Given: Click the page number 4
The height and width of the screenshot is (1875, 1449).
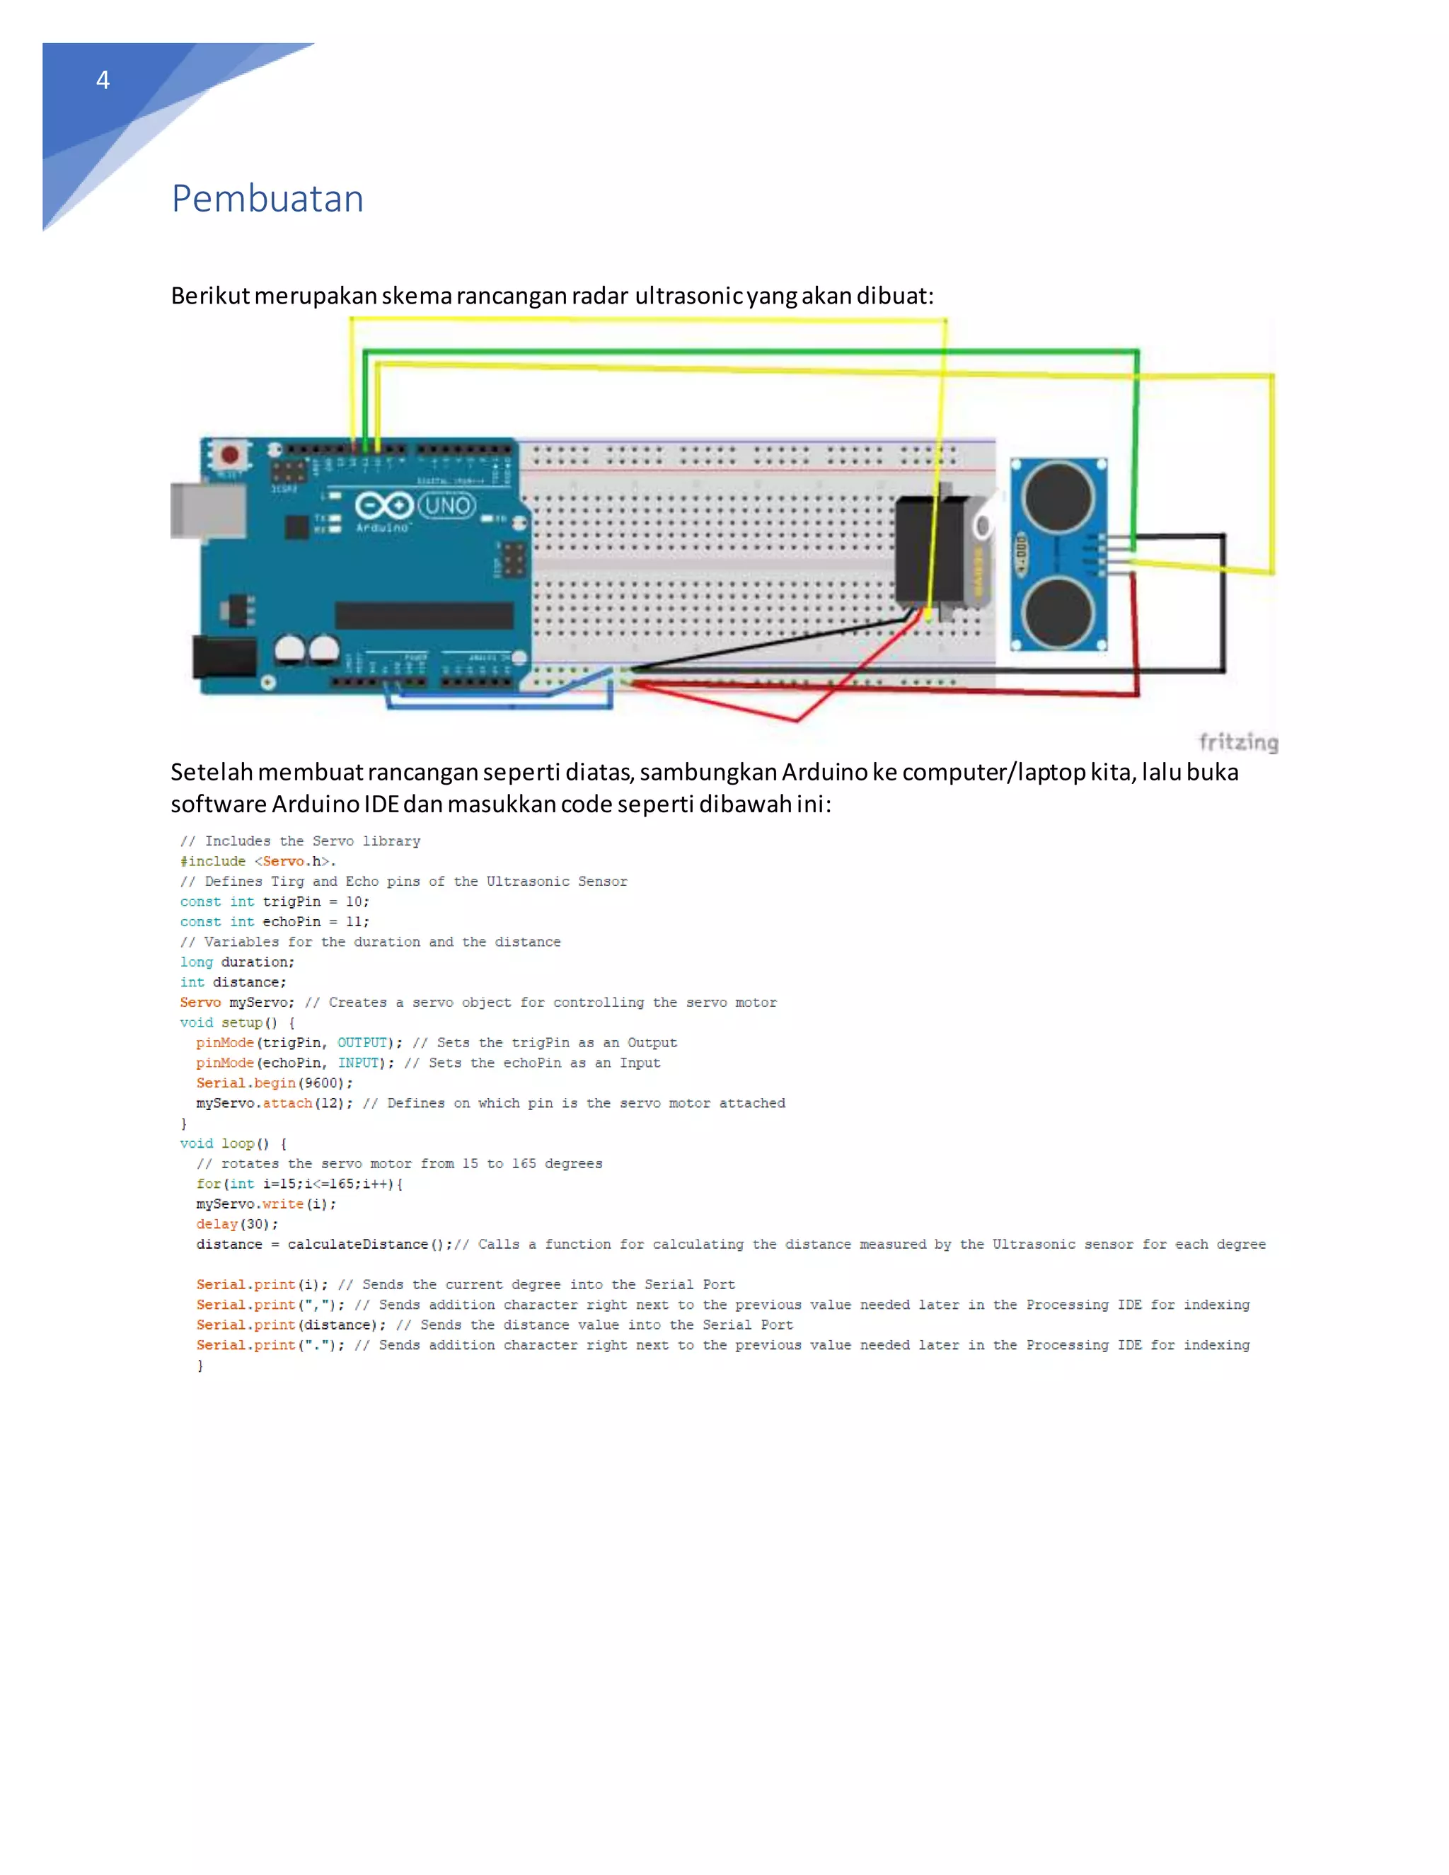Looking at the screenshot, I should [103, 81].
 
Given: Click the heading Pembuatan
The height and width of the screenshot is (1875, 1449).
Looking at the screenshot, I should [268, 200].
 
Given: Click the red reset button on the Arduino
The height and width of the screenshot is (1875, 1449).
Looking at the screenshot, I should [229, 454].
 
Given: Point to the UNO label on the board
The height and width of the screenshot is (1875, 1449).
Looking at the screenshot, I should [447, 506].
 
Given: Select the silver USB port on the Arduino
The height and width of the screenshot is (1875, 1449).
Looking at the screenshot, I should [206, 511].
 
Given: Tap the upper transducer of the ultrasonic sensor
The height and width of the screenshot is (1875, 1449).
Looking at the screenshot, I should [1058, 496].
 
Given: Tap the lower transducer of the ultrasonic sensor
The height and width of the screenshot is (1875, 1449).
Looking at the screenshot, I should [1058, 612].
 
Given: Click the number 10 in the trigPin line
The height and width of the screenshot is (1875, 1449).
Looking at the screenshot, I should [354, 901].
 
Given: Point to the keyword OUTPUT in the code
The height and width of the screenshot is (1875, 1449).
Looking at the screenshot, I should [362, 1042].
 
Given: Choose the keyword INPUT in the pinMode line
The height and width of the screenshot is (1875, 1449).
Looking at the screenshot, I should [357, 1063].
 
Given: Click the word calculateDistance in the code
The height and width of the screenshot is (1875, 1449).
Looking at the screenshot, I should [357, 1244].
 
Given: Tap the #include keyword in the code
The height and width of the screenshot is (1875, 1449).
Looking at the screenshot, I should [213, 861].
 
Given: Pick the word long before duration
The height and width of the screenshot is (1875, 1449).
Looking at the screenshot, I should [196, 962].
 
